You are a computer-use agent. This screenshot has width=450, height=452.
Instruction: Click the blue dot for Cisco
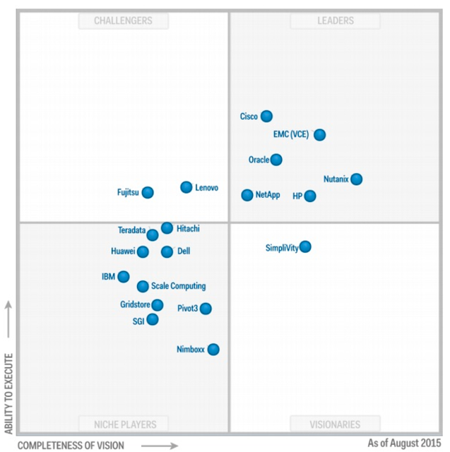click(x=266, y=117)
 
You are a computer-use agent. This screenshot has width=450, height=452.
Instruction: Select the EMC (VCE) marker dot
click(x=319, y=134)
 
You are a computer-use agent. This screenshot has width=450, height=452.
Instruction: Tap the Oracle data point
click(x=276, y=160)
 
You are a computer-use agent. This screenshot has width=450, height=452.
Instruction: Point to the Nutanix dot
click(x=357, y=179)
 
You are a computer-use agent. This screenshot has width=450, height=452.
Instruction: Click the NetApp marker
click(x=247, y=195)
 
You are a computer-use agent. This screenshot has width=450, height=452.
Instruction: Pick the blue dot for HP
click(x=309, y=196)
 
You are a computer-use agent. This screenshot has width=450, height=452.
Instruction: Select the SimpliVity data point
click(x=305, y=246)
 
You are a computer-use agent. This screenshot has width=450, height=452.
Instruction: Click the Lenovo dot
click(x=186, y=187)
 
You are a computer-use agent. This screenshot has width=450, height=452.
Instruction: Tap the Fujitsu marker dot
click(x=148, y=192)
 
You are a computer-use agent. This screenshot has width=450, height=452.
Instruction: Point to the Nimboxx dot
click(x=213, y=349)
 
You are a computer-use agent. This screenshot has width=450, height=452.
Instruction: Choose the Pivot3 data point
click(x=206, y=308)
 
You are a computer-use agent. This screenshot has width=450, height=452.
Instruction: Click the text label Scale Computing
click(x=179, y=286)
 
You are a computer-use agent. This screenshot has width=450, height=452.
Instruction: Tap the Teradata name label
click(x=131, y=230)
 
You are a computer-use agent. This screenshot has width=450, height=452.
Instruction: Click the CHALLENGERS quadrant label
click(x=124, y=20)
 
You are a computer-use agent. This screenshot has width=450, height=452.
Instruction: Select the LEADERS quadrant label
click(x=335, y=20)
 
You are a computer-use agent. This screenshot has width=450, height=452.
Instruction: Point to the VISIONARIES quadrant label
click(x=335, y=424)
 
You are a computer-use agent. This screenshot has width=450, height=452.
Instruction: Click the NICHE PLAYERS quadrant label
click(x=126, y=424)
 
